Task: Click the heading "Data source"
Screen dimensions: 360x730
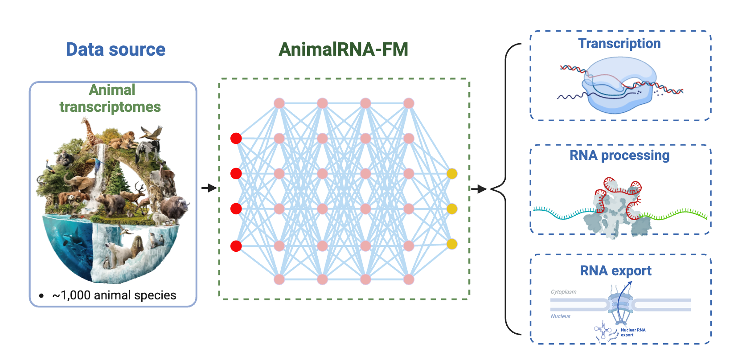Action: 115,49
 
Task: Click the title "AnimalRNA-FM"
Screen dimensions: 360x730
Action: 343,49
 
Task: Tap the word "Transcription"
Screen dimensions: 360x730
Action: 619,44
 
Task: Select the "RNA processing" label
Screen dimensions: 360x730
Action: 619,155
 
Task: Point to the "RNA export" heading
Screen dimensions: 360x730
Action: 615,271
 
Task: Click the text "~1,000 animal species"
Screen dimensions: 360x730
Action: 114,295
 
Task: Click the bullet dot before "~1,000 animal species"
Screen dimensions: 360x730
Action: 41,296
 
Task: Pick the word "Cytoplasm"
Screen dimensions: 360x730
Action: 563,292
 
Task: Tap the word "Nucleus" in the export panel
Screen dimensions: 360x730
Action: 560,316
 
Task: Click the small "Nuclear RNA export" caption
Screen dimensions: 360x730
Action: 632,332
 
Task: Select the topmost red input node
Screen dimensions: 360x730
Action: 236,139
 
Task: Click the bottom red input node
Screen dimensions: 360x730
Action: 236,246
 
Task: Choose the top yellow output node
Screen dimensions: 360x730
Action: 452,174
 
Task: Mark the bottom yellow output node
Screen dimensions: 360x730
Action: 452,244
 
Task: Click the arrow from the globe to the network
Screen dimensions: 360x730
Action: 209,188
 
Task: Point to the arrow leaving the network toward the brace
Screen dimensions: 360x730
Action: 479,189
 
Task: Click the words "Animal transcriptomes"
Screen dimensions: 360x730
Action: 111,98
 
